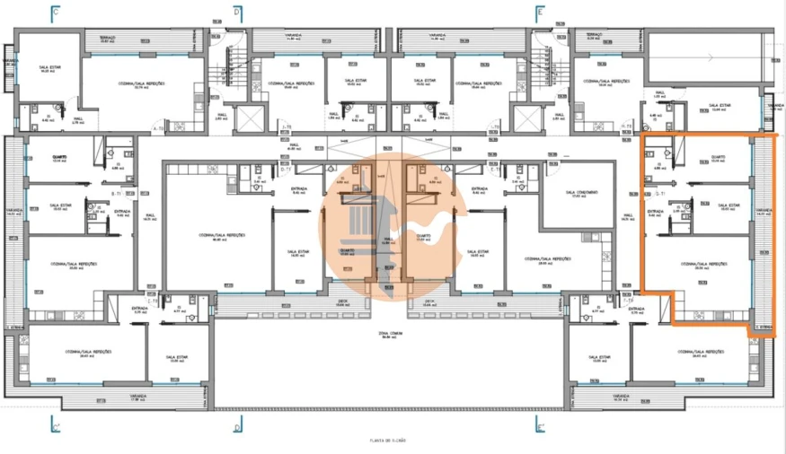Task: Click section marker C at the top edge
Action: pos(55,13)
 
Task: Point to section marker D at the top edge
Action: pos(236,13)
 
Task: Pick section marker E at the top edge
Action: pos(538,13)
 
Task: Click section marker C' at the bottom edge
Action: pos(55,424)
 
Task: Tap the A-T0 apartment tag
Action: pos(158,128)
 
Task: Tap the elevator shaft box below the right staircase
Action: pos(525,116)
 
